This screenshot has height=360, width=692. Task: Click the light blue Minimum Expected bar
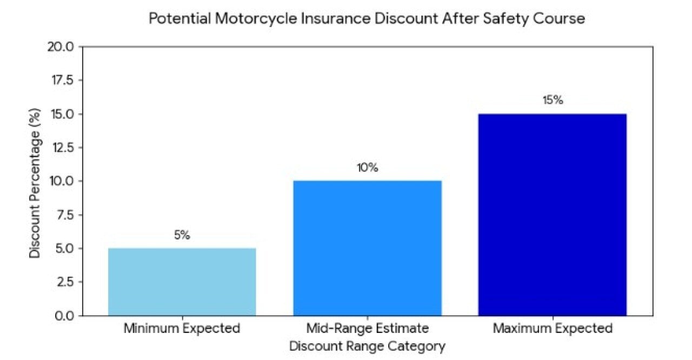[182, 282]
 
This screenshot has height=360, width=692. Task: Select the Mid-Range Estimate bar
[367, 248]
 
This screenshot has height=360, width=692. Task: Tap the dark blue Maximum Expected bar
[552, 215]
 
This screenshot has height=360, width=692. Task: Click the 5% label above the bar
[182, 236]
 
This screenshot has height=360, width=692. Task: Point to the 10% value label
[367, 168]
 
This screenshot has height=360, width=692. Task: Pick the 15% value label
[552, 101]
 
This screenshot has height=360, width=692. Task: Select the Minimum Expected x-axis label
[182, 329]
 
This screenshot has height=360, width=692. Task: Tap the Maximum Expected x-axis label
[552, 329]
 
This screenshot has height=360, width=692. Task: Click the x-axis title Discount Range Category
[367, 346]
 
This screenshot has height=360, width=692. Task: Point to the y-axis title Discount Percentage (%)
[35, 181]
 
